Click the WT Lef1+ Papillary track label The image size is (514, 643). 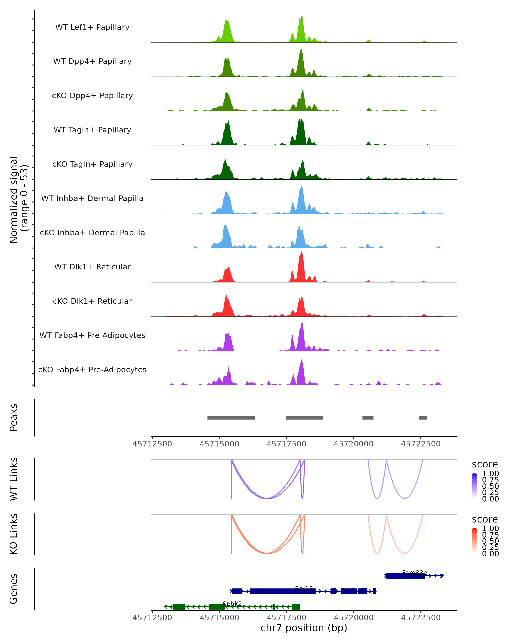(x=92, y=27)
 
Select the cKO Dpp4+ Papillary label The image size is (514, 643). (x=92, y=96)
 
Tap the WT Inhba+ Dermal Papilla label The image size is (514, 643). (x=92, y=199)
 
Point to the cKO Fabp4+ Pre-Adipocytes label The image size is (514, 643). (x=92, y=370)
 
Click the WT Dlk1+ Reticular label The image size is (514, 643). (x=92, y=267)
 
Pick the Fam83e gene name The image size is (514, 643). (x=414, y=573)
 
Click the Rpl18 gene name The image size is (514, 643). (x=304, y=588)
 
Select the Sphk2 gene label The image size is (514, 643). (x=232, y=604)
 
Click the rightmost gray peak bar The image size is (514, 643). (x=423, y=418)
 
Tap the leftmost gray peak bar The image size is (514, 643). (x=231, y=418)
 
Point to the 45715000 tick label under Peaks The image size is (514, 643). (x=219, y=444)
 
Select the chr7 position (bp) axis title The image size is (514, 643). (x=304, y=628)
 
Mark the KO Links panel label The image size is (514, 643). (x=14, y=534)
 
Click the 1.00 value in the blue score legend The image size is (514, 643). (x=490, y=474)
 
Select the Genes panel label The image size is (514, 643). (x=14, y=589)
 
